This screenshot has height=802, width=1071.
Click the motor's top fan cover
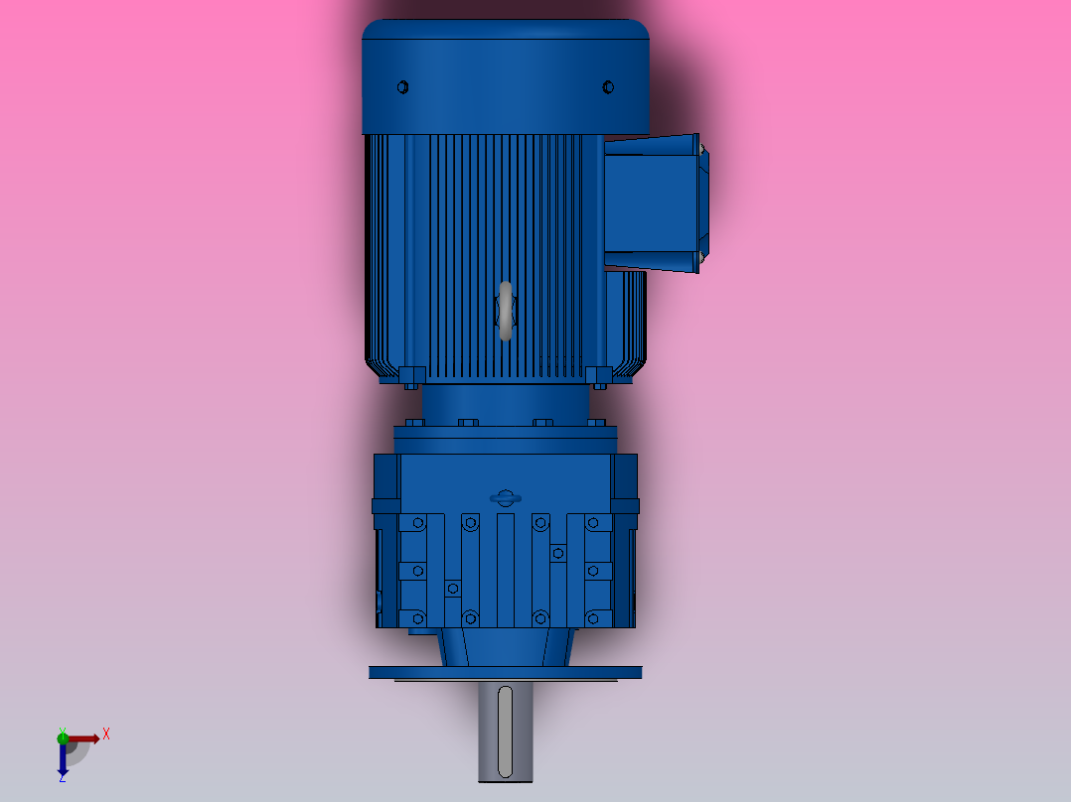[x=505, y=74]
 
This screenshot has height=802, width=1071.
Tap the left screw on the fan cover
[x=402, y=87]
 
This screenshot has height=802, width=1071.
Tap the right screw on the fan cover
[x=608, y=87]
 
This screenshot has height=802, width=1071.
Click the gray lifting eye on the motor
[x=506, y=311]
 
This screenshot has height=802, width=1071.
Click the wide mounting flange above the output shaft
[x=505, y=672]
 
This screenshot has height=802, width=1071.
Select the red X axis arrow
[x=83, y=738]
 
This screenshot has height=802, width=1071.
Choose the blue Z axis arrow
[x=63, y=759]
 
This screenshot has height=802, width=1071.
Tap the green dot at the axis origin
[x=63, y=736]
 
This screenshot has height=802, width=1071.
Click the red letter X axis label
[x=106, y=735]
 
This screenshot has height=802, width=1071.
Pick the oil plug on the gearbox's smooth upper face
[x=505, y=497]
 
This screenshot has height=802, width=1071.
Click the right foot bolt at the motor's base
[x=599, y=376]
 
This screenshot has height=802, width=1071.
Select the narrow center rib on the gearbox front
[x=505, y=571]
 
